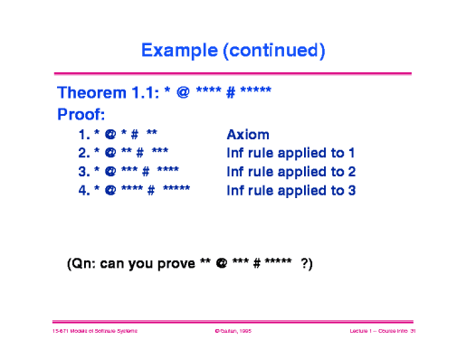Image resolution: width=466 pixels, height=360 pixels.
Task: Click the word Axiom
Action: pyautogui.click(x=248, y=134)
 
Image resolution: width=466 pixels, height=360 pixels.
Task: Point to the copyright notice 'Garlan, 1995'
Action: pyautogui.click(x=233, y=333)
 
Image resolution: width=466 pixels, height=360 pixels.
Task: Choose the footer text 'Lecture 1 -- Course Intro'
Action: pyautogui.click(x=376, y=333)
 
